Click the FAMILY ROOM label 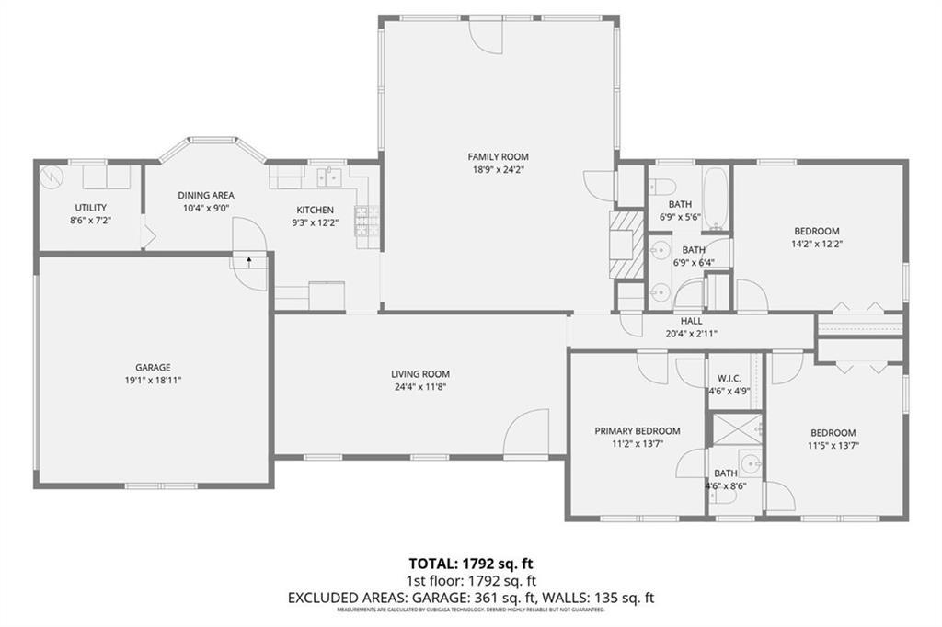click(x=498, y=157)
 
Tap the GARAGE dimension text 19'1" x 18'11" click(x=148, y=380)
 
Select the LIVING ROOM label click(x=419, y=374)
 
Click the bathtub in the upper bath click(x=716, y=199)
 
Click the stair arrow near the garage click(x=248, y=262)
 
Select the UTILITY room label click(x=90, y=207)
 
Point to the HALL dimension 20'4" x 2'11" click(x=691, y=334)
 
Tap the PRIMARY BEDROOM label click(x=637, y=431)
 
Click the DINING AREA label click(x=206, y=195)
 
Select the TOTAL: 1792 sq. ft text click(x=470, y=563)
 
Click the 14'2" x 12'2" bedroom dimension click(x=817, y=245)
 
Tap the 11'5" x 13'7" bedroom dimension click(x=833, y=445)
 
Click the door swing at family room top click(x=487, y=35)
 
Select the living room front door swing click(x=524, y=434)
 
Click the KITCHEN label click(x=315, y=210)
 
